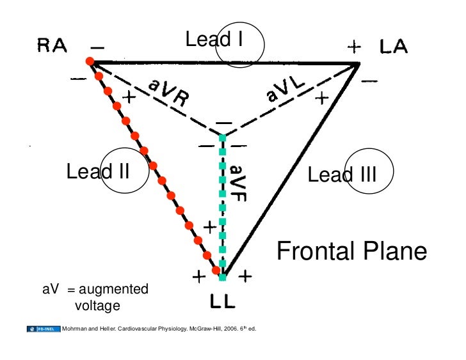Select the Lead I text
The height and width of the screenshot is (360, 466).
click(x=214, y=40)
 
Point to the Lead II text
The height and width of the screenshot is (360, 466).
click(x=99, y=171)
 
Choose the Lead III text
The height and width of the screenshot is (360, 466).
click(x=342, y=175)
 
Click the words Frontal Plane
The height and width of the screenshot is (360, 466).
click(x=351, y=251)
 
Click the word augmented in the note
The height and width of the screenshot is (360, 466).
click(x=113, y=290)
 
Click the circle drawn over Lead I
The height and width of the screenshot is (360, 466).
click(x=239, y=45)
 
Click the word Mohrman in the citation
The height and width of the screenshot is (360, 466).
click(x=74, y=330)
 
